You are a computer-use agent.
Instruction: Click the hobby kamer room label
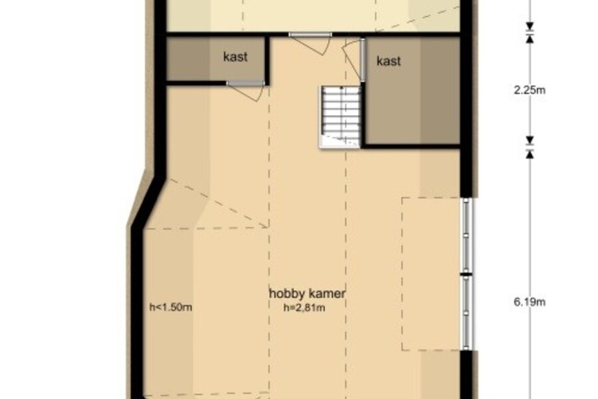pyautogui.click(x=308, y=294)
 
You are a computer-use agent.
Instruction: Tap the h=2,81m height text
pyautogui.click(x=304, y=308)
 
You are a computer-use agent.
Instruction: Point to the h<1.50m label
pyautogui.click(x=171, y=307)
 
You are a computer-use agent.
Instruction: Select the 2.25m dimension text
pyautogui.click(x=530, y=90)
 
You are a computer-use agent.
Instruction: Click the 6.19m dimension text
pyautogui.click(x=530, y=302)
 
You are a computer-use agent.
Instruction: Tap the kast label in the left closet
pyautogui.click(x=235, y=57)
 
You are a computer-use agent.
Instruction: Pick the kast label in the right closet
pyautogui.click(x=389, y=61)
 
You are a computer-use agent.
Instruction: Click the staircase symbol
pyautogui.click(x=340, y=116)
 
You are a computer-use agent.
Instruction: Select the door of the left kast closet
pyautogui.click(x=245, y=90)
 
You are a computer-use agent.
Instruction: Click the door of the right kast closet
pyautogui.click(x=355, y=60)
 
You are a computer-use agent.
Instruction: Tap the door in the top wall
pyautogui.click(x=310, y=43)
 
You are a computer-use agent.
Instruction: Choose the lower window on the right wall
pyautogui.click(x=467, y=313)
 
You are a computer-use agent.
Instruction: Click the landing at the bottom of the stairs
pyautogui.click(x=340, y=141)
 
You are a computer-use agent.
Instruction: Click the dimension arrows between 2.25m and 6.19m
pyautogui.click(x=530, y=148)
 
